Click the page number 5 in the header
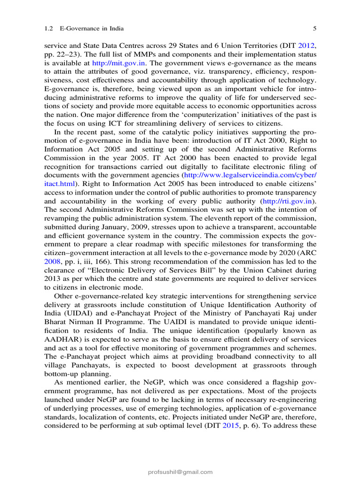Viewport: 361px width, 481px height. pyautogui.click(x=314, y=29)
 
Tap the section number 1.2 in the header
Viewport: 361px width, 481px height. pyautogui.click(x=48, y=29)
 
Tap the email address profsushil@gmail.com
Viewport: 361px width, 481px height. pyautogui.click(x=180, y=472)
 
